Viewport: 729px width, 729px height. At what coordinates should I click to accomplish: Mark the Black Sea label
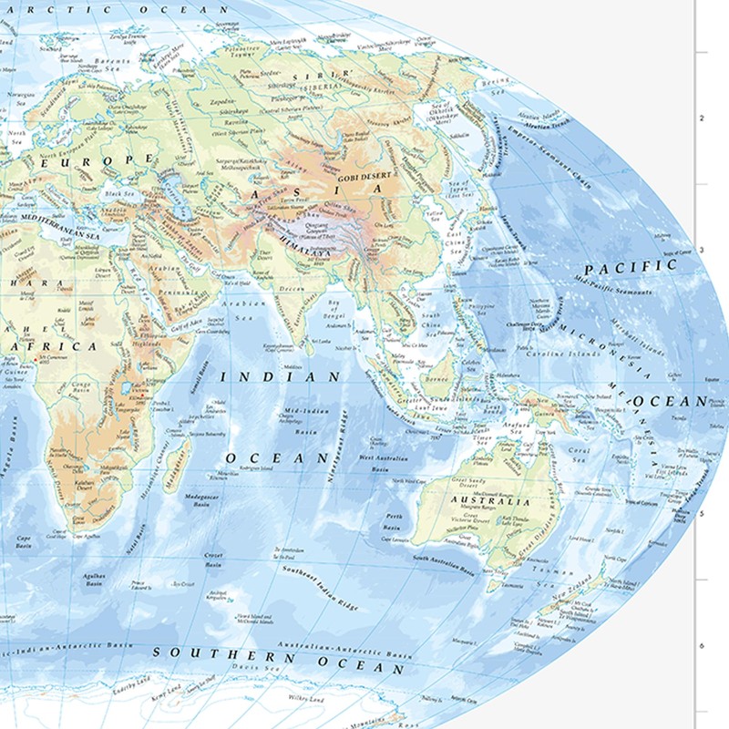click(118, 193)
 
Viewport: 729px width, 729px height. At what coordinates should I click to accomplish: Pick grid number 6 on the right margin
click(701, 645)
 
